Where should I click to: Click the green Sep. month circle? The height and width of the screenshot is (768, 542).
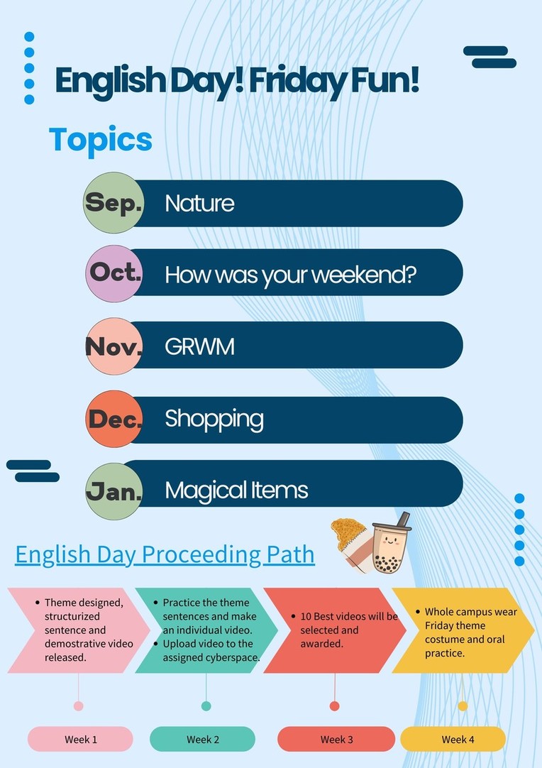pyautogui.click(x=114, y=202)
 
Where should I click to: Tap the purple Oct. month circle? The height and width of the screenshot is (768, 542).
pyautogui.click(x=114, y=273)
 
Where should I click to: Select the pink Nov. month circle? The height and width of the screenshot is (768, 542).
pyautogui.click(x=114, y=346)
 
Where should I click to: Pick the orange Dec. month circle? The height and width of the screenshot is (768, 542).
pyautogui.click(x=114, y=419)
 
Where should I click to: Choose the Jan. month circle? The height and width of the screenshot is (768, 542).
pyautogui.click(x=114, y=491)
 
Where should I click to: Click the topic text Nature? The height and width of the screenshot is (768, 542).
pyautogui.click(x=199, y=203)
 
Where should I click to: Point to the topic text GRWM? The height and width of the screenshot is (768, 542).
pyautogui.click(x=199, y=347)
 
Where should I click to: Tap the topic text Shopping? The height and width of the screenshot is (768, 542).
pyautogui.click(x=214, y=419)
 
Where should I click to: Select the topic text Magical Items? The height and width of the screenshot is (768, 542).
pyautogui.click(x=236, y=490)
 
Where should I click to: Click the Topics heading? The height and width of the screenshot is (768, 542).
pyautogui.click(x=100, y=141)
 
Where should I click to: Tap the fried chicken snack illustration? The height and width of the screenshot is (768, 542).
pyautogui.click(x=352, y=544)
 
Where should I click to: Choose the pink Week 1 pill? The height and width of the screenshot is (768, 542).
pyautogui.click(x=80, y=739)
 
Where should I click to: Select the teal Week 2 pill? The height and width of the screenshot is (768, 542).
pyautogui.click(x=202, y=739)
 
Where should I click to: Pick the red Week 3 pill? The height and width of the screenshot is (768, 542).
pyautogui.click(x=336, y=739)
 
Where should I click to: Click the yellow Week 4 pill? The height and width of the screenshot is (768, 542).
pyautogui.click(x=453, y=739)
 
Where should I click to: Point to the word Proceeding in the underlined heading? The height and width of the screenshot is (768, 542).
pyautogui.click(x=201, y=556)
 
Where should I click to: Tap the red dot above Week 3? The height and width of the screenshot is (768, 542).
pyautogui.click(x=334, y=706)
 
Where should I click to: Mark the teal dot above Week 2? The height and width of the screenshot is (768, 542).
pyautogui.click(x=206, y=706)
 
